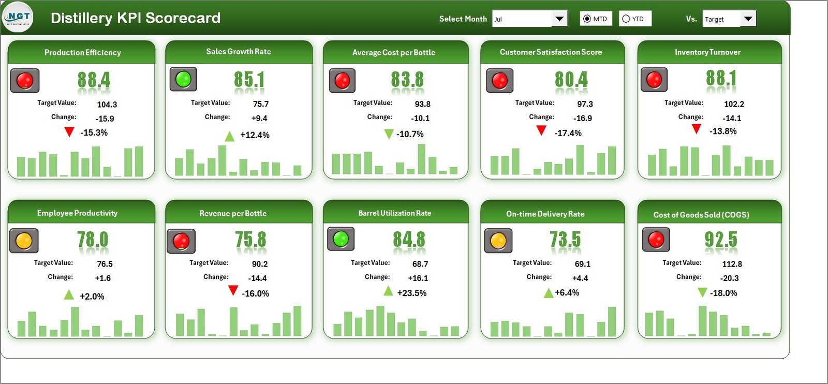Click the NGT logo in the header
[x=18, y=17]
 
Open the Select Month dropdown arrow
[x=559, y=19]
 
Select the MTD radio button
[x=587, y=19]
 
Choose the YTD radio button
[x=626, y=19]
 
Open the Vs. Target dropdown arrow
[x=748, y=19]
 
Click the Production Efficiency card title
[x=82, y=52]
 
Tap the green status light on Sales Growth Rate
[x=183, y=79]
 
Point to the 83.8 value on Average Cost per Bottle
[x=407, y=80]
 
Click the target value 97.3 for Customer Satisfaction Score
[x=585, y=104]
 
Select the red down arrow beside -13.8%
[x=697, y=129]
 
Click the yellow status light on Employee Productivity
[x=24, y=241]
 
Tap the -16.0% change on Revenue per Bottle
[x=255, y=293]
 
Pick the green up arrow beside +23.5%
[x=388, y=291]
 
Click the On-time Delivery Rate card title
[x=545, y=214]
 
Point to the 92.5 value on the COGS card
[x=720, y=240]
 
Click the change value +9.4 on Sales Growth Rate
[x=259, y=118]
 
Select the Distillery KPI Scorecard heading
[x=136, y=18]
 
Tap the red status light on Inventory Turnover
[x=654, y=80]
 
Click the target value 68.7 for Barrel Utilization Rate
[x=420, y=264]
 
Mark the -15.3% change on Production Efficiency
[x=94, y=132]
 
